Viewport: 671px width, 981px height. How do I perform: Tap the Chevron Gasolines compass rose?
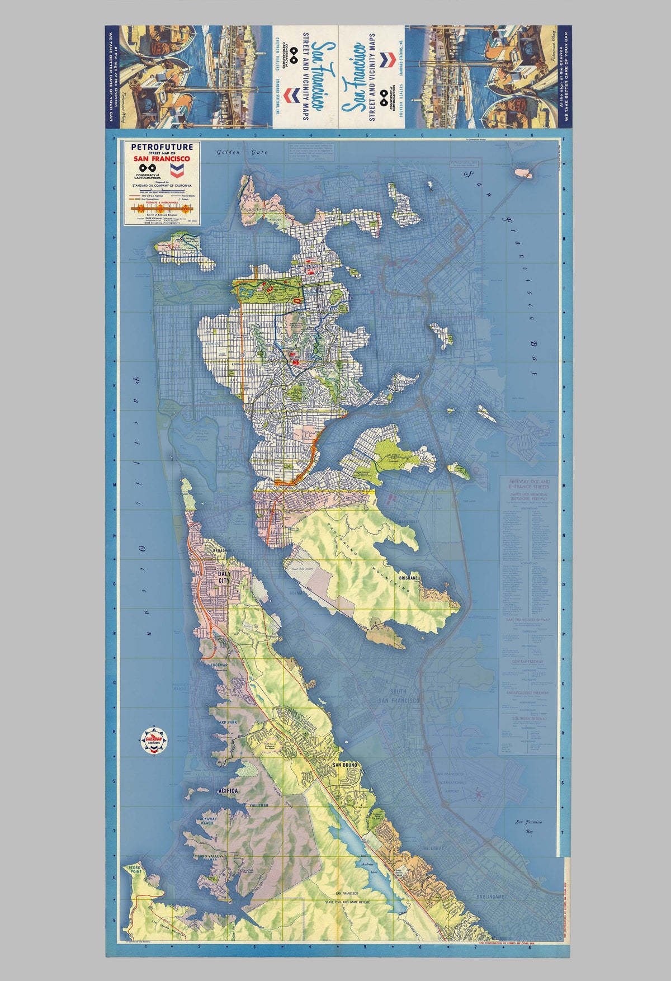click(153, 740)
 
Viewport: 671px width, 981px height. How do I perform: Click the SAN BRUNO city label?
click(345, 765)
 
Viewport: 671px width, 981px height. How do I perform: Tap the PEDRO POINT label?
click(134, 884)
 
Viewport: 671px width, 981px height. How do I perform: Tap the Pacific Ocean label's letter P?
click(136, 382)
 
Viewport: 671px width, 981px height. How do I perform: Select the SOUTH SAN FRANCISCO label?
click(398, 696)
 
